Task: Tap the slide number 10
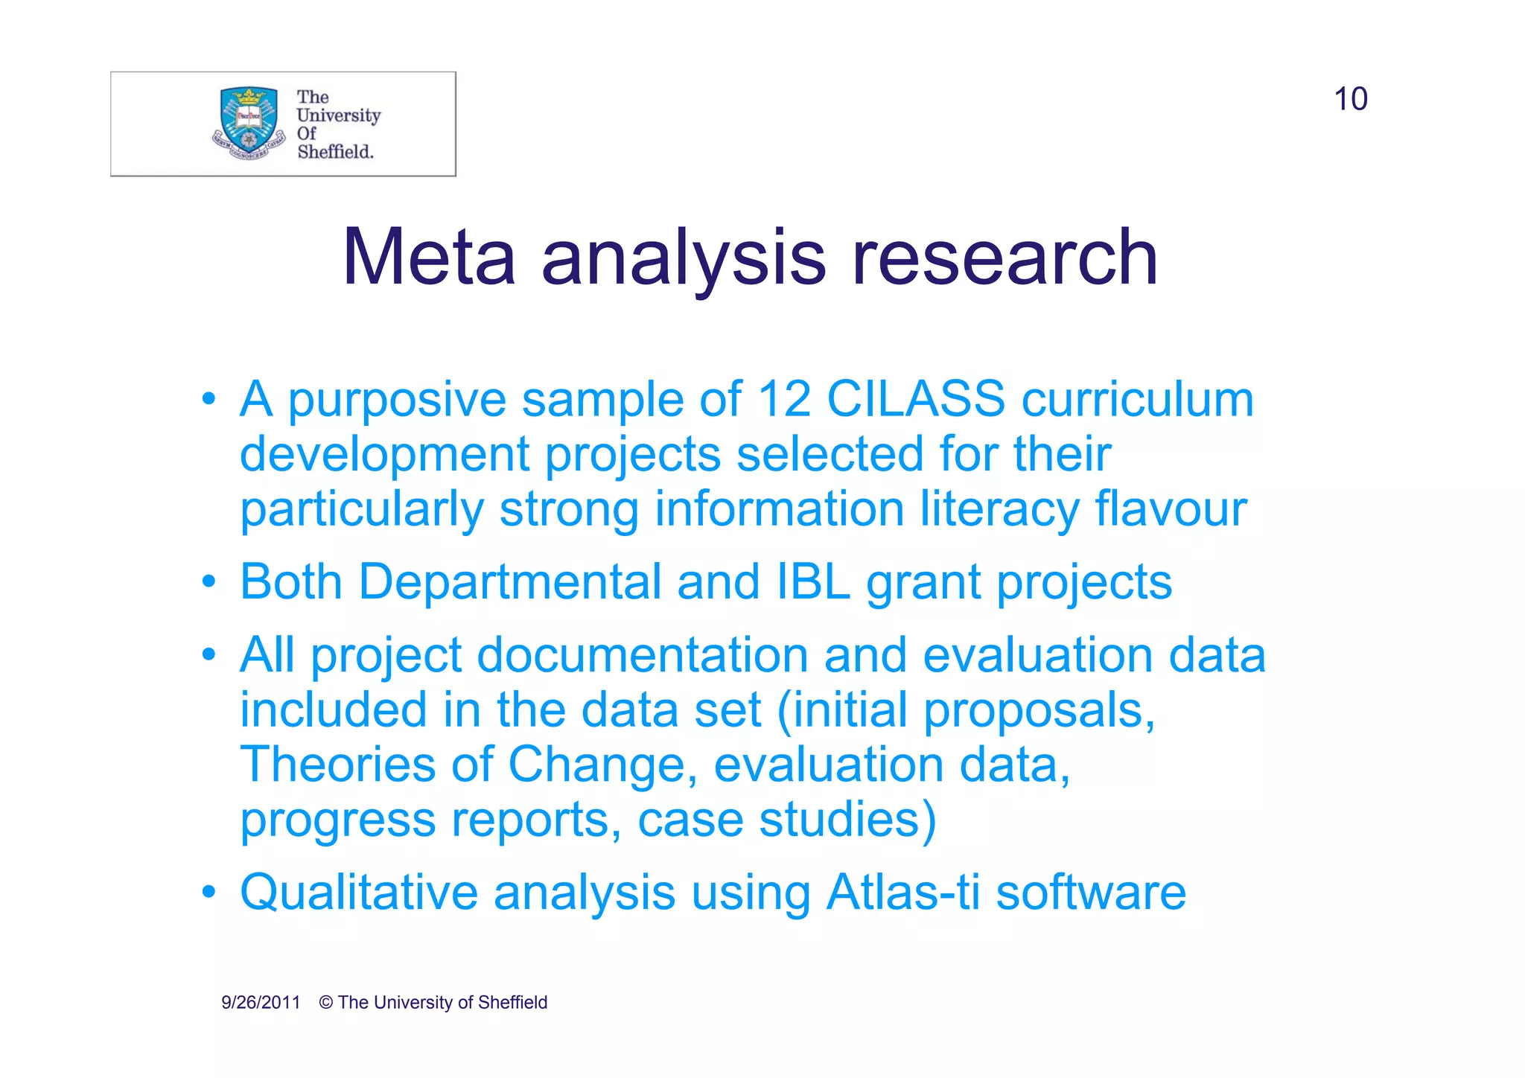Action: tap(1350, 99)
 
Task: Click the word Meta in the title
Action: tap(429, 258)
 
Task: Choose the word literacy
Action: tap(999, 511)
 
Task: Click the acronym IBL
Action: tap(813, 581)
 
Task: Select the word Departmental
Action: tap(510, 583)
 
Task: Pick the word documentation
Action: tap(643, 656)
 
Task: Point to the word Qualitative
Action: tap(359, 893)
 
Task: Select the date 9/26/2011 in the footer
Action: tap(261, 1003)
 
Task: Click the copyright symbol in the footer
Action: tap(326, 1003)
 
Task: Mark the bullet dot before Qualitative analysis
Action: tap(209, 891)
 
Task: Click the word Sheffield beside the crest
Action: tap(335, 152)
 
